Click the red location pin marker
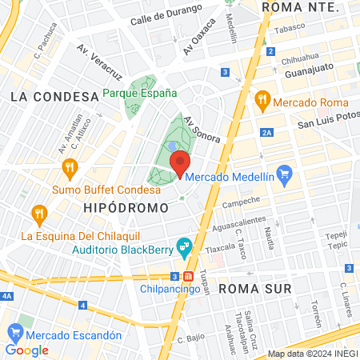click(x=180, y=162)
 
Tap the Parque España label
click(x=139, y=93)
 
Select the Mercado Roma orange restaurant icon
click(x=261, y=101)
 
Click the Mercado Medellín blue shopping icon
click(x=283, y=173)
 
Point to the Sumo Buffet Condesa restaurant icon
click(x=70, y=168)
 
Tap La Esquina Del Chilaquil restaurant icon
click(x=38, y=214)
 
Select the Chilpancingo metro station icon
click(x=188, y=277)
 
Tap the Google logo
click(x=26, y=350)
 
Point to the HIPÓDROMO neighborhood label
click(x=126, y=207)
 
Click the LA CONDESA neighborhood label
click(x=49, y=96)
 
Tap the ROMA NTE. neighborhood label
click(x=301, y=6)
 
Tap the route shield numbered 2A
click(x=267, y=132)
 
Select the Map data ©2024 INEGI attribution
click(x=312, y=354)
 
